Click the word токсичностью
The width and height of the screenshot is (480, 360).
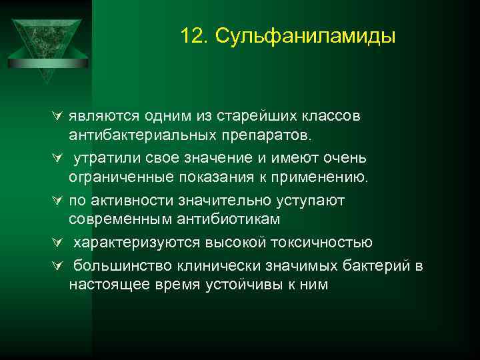pos(319,242)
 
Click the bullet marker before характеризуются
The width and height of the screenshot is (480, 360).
pos(56,243)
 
